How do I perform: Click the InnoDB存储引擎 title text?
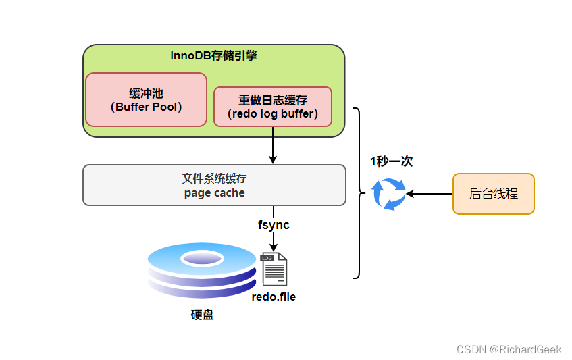point(213,55)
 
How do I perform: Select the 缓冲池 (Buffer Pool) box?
point(146,100)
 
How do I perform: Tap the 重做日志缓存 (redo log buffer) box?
point(272,107)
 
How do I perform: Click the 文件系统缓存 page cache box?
point(213,185)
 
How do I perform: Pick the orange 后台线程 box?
point(493,194)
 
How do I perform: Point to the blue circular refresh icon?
point(390,194)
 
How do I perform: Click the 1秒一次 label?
point(391,161)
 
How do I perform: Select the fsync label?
point(274,225)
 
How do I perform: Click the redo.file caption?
point(274,297)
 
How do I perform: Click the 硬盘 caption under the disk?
point(202,315)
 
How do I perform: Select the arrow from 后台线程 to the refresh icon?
point(430,194)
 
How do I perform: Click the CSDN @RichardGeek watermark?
point(509,349)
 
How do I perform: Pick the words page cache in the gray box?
point(214,192)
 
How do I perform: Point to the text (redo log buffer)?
point(272,113)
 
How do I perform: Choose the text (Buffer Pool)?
point(146,107)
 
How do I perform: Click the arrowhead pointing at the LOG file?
point(273,247)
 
